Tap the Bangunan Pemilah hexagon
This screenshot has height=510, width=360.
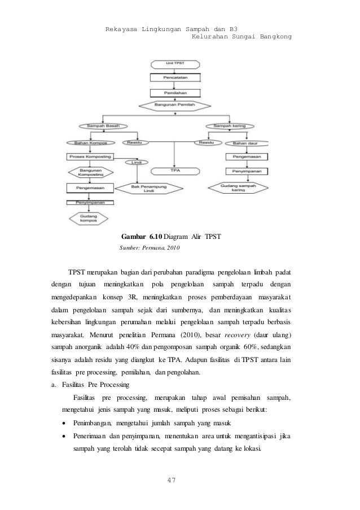coord(174,105)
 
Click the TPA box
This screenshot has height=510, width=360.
coord(174,171)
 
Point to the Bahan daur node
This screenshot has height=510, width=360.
coord(243,143)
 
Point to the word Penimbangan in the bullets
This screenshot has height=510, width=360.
coord(92,424)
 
